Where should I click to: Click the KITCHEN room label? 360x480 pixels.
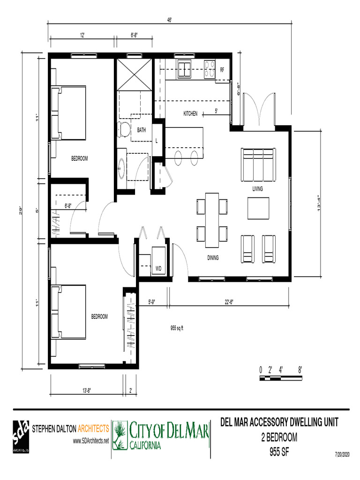tap(190, 113)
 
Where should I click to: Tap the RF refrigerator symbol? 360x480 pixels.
tap(222, 70)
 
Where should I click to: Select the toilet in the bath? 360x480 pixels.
tap(124, 129)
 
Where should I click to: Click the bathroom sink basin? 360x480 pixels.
tap(122, 167)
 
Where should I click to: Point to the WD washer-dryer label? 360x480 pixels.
tap(158, 269)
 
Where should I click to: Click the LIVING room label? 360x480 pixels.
tap(257, 189)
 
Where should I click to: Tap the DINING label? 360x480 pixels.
tap(213, 258)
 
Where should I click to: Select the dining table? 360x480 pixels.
tap(212, 220)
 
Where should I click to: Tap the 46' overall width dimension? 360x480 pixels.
tap(170, 20)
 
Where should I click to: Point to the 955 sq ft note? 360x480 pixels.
tap(176, 328)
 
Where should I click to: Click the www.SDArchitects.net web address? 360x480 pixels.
tap(91, 441)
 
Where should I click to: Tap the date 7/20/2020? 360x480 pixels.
tap(342, 455)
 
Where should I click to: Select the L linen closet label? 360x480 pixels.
tap(157, 141)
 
